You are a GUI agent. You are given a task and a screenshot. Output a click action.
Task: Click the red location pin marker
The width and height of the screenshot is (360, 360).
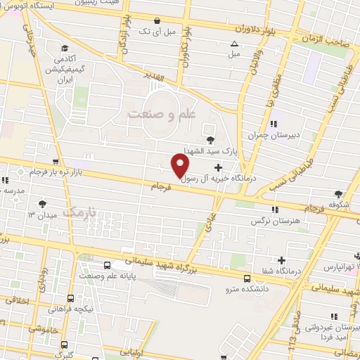pos(181,166)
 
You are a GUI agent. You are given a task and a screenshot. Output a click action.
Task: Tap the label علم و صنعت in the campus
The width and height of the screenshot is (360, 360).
pos(162,112)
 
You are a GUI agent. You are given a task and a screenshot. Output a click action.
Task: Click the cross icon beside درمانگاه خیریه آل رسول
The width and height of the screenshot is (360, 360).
pos(218,167)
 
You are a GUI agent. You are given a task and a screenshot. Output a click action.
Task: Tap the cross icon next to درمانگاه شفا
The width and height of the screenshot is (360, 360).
pos(282,260)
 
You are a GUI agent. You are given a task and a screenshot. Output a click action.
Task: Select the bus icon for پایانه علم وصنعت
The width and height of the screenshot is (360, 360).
pos(107,265)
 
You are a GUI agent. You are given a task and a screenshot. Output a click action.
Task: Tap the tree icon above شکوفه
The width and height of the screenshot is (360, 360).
pos(339,193)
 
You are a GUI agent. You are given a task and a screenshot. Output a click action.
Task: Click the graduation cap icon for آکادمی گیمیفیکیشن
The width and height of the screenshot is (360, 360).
pos(65,49)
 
